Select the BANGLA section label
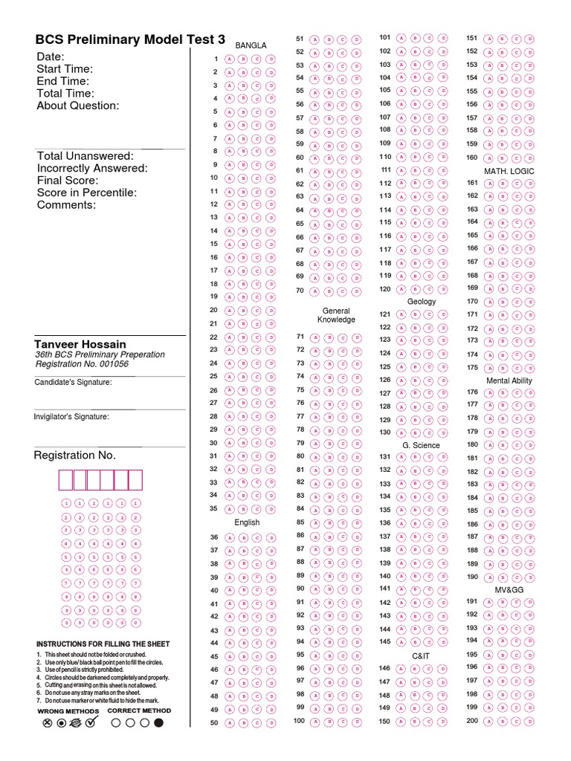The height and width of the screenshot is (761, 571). click(251, 45)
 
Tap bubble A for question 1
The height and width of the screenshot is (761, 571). click(229, 59)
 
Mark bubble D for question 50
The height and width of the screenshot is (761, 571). click(271, 723)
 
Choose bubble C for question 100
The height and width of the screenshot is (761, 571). click(343, 721)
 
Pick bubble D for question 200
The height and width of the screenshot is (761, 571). click(529, 722)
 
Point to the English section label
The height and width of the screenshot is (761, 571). click(247, 522)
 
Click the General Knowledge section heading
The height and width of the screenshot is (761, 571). click(336, 315)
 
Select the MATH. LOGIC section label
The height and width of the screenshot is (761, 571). click(509, 171)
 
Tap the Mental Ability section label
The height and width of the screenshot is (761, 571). click(509, 380)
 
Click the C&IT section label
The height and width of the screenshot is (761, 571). click(421, 656)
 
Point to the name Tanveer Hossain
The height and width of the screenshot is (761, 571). click(80, 344)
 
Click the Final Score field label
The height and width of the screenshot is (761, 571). click(68, 181)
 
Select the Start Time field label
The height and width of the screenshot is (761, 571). click(65, 69)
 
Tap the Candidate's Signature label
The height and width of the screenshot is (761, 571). click(73, 382)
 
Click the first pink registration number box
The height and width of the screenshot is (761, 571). click(65, 480)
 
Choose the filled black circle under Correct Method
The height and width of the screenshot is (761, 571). click(158, 722)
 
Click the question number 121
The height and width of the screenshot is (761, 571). click(384, 314)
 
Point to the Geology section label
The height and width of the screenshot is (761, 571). click(422, 302)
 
